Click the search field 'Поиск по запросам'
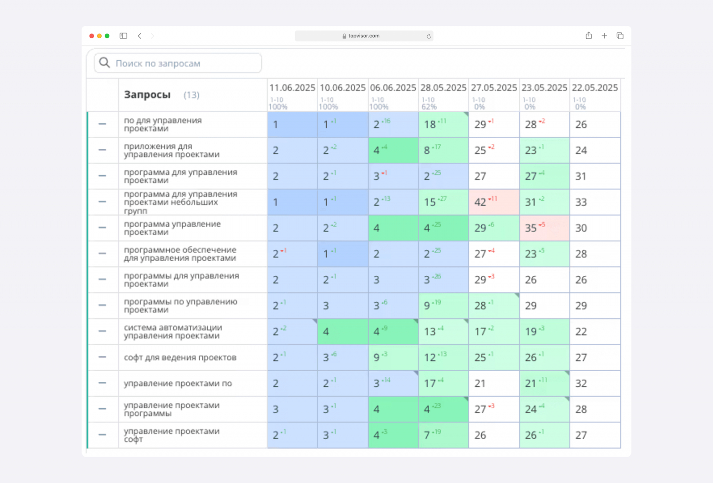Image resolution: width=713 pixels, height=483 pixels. (178, 63)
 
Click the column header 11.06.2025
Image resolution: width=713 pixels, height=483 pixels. (292, 88)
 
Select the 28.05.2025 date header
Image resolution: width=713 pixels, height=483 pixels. (443, 88)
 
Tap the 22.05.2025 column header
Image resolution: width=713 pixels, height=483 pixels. (595, 88)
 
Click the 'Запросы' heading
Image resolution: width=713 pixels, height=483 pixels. (147, 95)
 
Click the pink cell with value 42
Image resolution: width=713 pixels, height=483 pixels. (493, 202)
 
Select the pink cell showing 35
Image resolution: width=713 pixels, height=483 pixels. (544, 228)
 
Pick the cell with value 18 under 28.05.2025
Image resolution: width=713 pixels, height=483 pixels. (443, 125)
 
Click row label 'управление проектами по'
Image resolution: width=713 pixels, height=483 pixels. (178, 384)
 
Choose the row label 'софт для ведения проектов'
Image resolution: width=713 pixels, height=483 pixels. (180, 358)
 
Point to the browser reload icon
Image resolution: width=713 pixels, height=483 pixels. (429, 36)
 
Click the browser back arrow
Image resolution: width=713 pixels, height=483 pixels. (139, 36)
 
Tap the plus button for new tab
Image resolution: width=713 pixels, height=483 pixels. (604, 36)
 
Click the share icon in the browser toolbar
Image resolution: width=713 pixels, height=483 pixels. (589, 36)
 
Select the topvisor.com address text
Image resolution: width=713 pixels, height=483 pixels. (364, 36)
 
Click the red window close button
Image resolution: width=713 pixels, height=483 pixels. (92, 36)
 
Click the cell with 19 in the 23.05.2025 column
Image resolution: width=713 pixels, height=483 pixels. (544, 332)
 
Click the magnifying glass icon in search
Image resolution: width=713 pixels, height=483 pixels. (104, 63)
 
